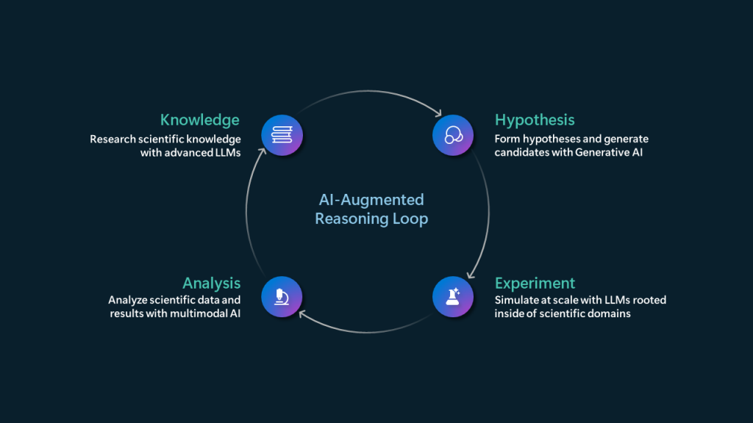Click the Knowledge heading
click(x=200, y=120)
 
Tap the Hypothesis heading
click(x=535, y=120)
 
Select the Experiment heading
click(x=535, y=283)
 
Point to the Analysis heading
click(x=212, y=283)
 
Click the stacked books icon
click(x=282, y=134)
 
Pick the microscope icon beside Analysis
click(x=282, y=297)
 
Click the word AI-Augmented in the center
click(x=371, y=200)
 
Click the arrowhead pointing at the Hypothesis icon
click(x=438, y=114)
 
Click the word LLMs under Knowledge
click(x=226, y=153)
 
